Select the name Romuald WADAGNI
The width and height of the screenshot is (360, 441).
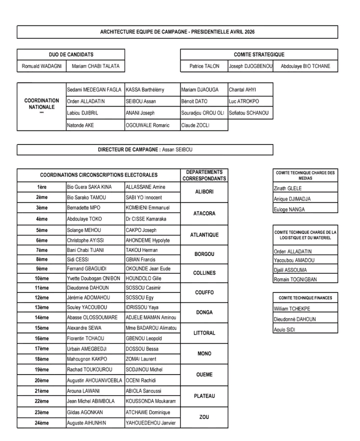tap(41, 66)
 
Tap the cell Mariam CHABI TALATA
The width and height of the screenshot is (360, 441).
tap(95, 66)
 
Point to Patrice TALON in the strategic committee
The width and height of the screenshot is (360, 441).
tap(204, 66)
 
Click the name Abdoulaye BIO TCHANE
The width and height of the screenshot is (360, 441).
tap(305, 66)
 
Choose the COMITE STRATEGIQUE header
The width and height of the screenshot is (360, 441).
tap(258, 54)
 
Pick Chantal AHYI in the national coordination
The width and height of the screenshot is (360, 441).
tap(243, 89)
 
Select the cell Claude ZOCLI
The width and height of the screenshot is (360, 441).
tap(195, 125)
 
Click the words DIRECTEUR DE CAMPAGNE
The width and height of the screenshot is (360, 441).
tap(129, 149)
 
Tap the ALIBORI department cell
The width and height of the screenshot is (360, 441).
tap(204, 192)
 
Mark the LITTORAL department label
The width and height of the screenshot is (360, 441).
tap(204, 333)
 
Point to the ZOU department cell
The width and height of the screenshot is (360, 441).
tap(204, 417)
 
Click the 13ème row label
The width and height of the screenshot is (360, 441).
tap(42, 307)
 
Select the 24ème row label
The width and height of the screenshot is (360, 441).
tap(42, 423)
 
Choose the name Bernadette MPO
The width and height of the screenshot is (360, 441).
tap(83, 207)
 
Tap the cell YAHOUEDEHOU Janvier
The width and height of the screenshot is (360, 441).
tap(150, 423)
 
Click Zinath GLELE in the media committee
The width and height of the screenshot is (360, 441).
tap(287, 189)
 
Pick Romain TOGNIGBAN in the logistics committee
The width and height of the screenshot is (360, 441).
tap(295, 279)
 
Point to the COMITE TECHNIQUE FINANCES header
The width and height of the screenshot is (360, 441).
tap(305, 298)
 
